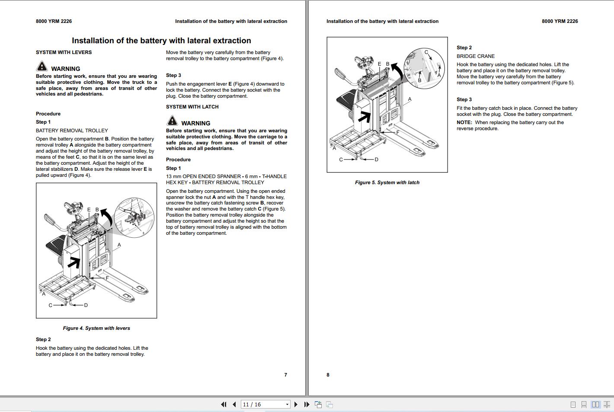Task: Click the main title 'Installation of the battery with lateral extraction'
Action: (x=161, y=41)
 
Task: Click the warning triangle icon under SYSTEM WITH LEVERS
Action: (x=42, y=67)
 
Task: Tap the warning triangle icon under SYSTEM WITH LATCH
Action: (x=172, y=121)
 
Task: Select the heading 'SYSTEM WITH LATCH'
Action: (x=192, y=107)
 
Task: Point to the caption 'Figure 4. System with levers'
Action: (x=96, y=328)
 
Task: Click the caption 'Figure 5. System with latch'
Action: (x=387, y=182)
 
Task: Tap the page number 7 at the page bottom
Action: (x=285, y=375)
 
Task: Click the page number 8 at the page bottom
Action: (x=328, y=375)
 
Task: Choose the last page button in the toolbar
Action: (x=307, y=405)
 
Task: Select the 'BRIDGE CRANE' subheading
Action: (x=476, y=56)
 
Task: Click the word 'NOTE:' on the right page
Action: (x=464, y=122)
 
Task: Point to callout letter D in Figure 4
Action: (x=86, y=305)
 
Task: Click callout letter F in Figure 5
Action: (x=398, y=132)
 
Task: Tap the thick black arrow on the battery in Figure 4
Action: (x=75, y=262)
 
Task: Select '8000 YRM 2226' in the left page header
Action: (x=54, y=21)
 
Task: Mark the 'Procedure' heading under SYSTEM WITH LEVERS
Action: (x=48, y=114)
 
